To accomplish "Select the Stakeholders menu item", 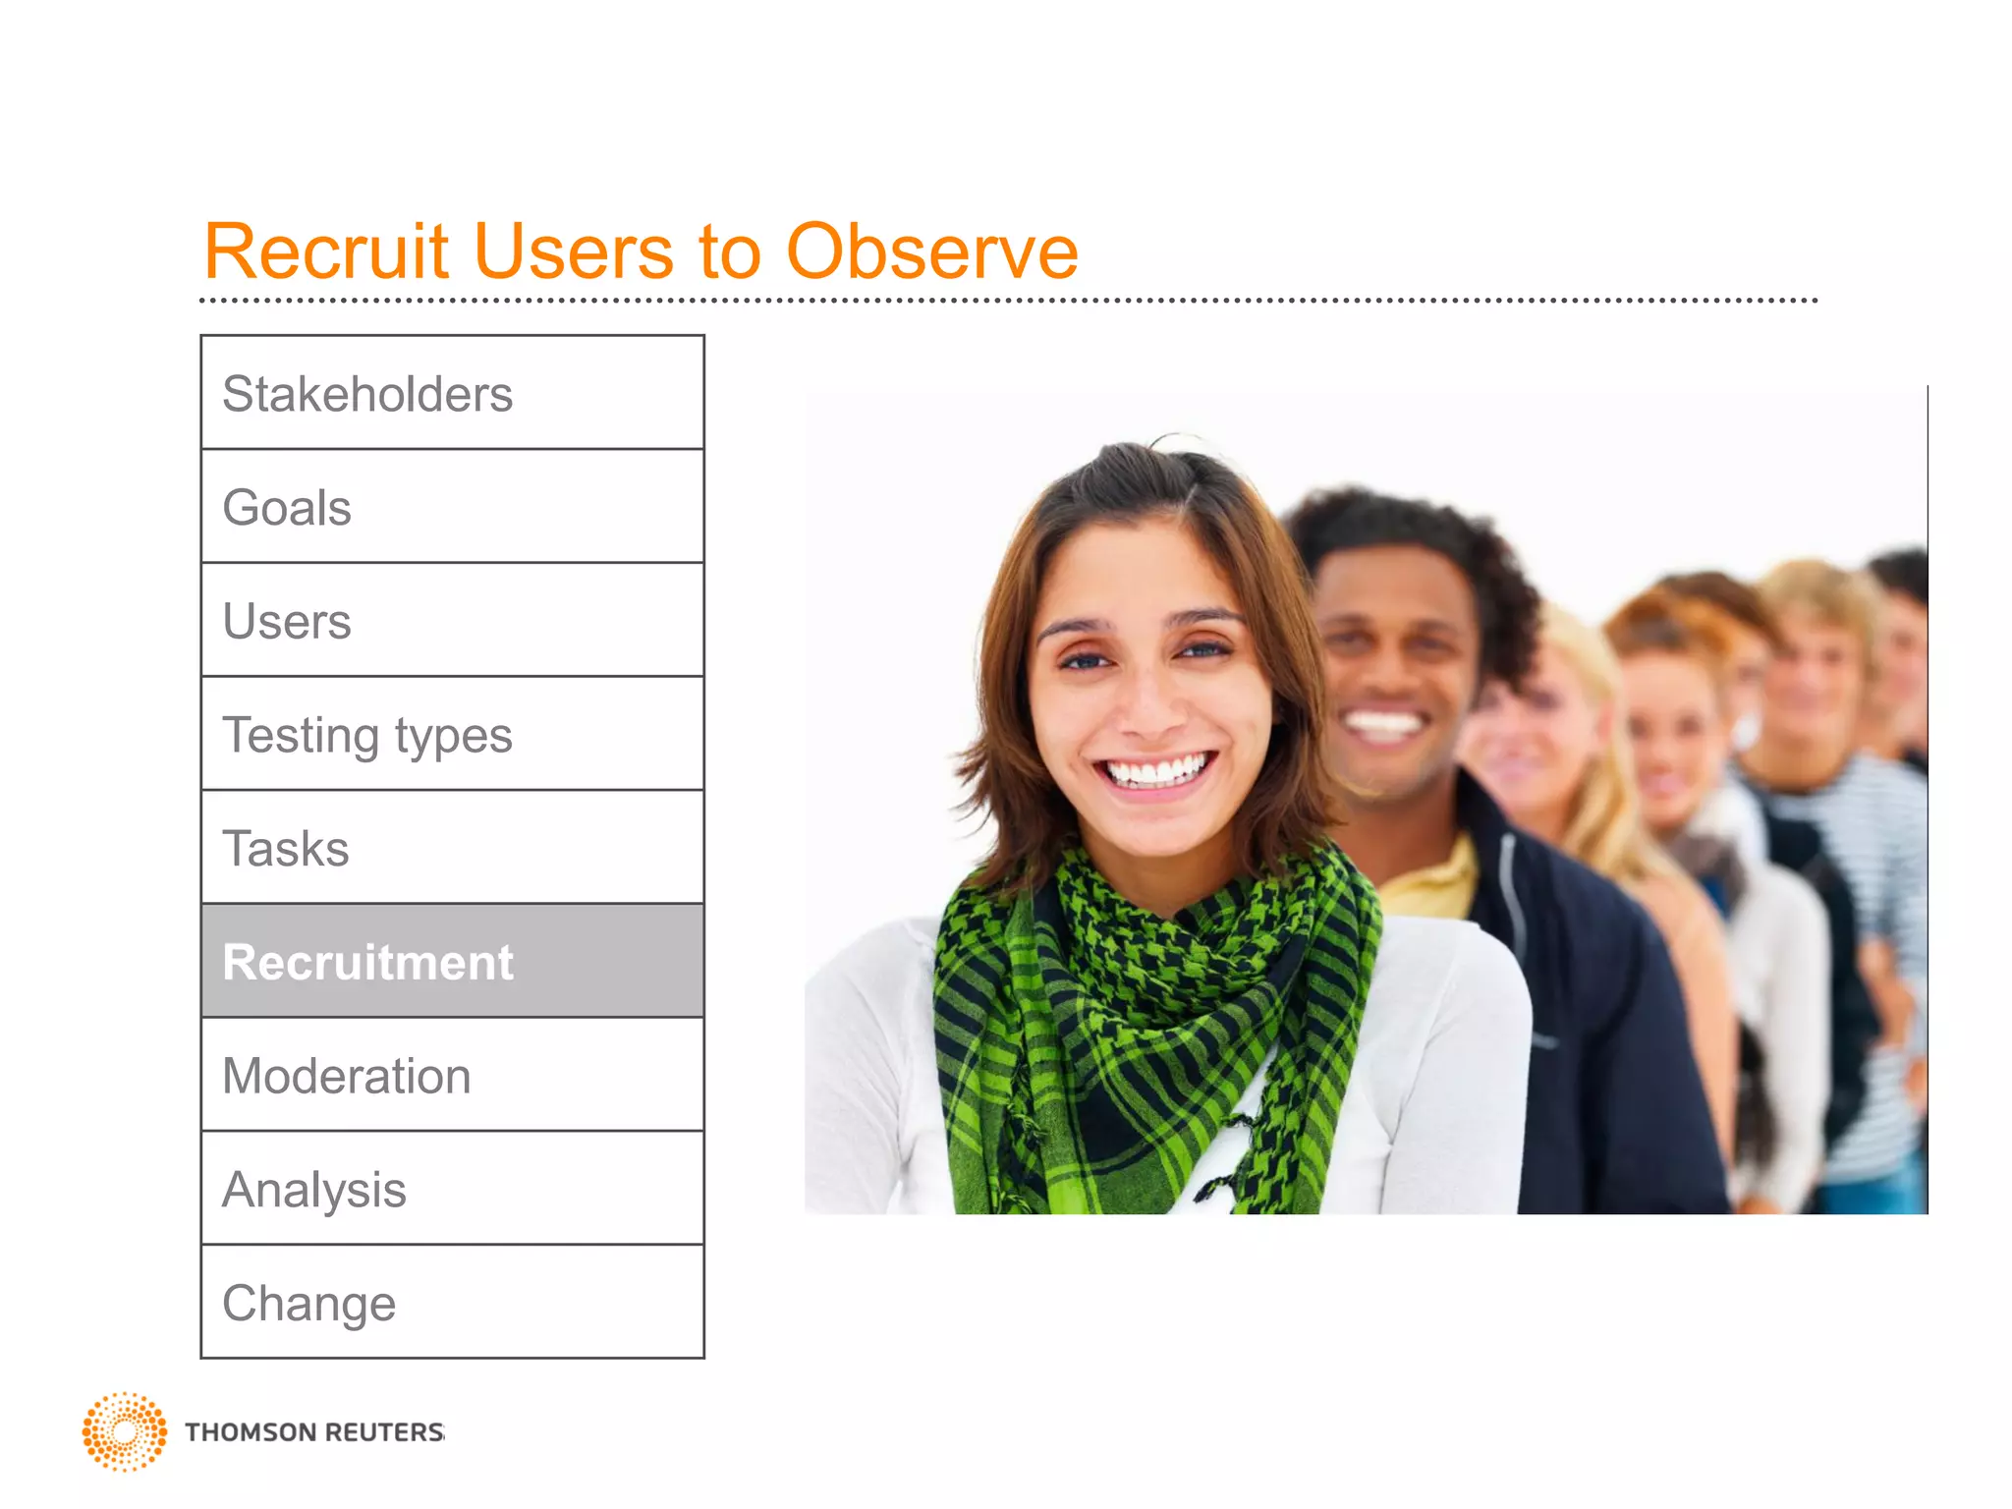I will tap(452, 393).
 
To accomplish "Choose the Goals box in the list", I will tap(452, 507).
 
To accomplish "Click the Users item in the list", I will tap(452, 621).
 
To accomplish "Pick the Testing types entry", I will tap(452, 735).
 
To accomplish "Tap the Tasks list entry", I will tap(452, 848).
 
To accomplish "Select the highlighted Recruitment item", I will tap(452, 962).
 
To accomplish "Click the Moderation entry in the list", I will tap(452, 1075).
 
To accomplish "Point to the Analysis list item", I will tap(452, 1189).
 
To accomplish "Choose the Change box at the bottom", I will tap(452, 1303).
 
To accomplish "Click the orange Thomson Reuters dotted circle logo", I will tap(125, 1431).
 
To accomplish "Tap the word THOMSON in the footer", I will tap(250, 1432).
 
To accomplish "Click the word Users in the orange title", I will tap(574, 251).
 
